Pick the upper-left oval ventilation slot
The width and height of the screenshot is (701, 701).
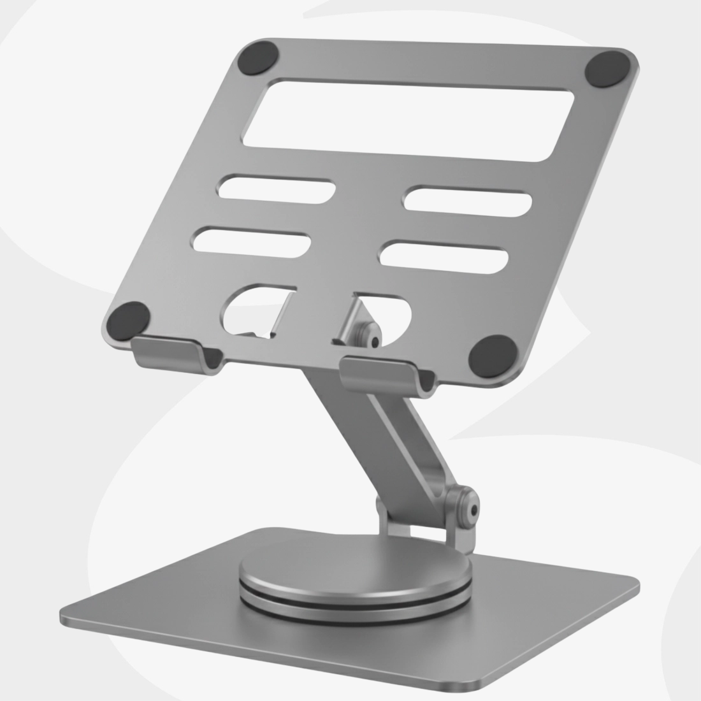[277, 189]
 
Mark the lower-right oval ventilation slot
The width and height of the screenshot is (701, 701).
[444, 256]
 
